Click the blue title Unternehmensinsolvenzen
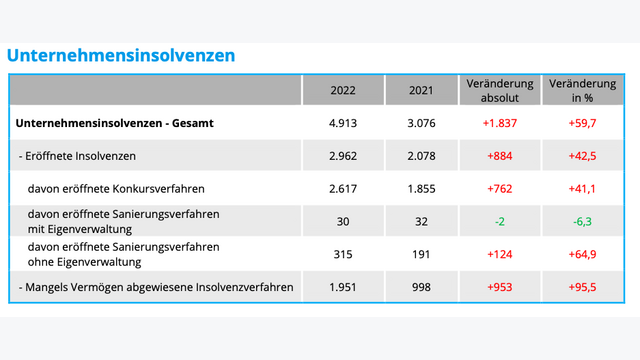[x=121, y=56]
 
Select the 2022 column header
[x=344, y=91]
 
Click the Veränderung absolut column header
[x=499, y=90]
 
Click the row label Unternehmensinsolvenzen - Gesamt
[x=116, y=124]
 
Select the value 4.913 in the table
[x=344, y=124]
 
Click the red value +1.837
[x=499, y=124]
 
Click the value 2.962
[x=344, y=156]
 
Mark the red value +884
[x=499, y=156]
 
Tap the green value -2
[x=499, y=222]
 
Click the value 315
[x=344, y=255]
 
